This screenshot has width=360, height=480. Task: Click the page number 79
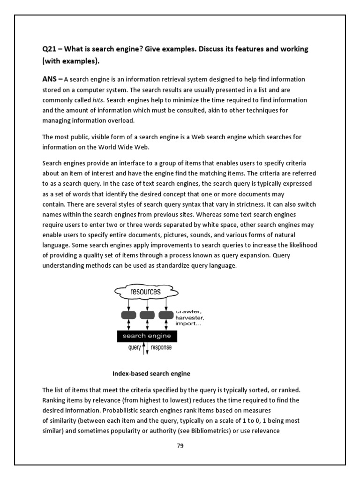[x=180, y=446]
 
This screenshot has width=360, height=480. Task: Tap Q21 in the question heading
[x=49, y=49]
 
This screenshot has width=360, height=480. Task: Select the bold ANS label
[x=51, y=79]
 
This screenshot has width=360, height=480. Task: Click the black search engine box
[x=147, y=336]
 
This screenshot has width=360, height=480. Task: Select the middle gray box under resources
[x=147, y=315]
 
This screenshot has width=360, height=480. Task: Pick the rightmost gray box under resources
[x=165, y=315]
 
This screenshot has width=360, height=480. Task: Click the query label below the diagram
[x=134, y=347]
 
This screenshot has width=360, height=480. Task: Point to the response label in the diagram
[x=161, y=347]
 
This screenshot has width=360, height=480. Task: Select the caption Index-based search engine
[x=151, y=374]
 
